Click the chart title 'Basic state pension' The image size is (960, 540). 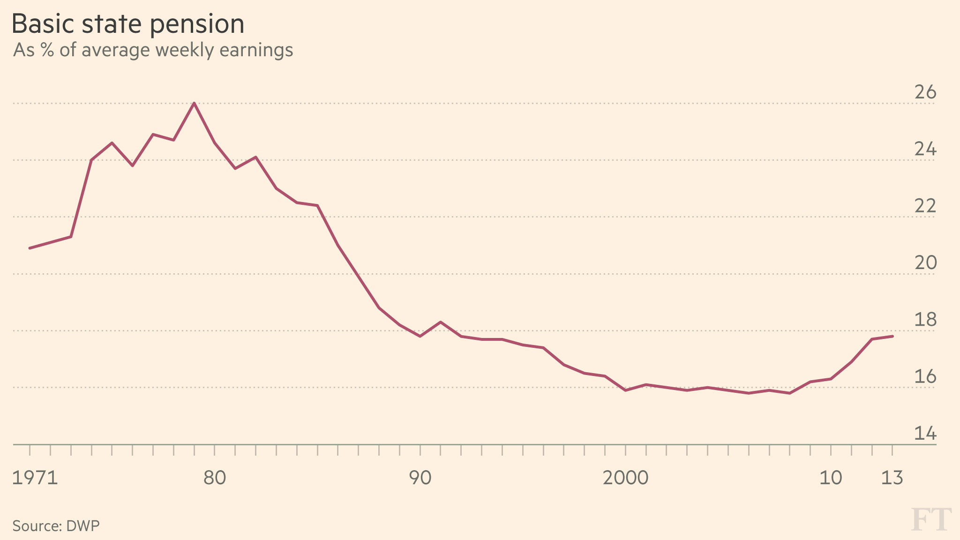click(x=128, y=24)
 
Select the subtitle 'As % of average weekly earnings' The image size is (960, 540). click(x=153, y=50)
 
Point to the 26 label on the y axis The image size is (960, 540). click(x=925, y=92)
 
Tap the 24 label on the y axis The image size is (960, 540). click(x=925, y=149)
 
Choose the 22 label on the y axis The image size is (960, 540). click(x=925, y=206)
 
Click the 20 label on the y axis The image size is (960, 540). click(x=925, y=263)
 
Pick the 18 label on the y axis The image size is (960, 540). click(x=925, y=320)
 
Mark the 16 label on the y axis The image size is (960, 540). click(x=925, y=376)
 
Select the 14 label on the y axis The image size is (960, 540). click(x=925, y=434)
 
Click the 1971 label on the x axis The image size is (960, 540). click(x=35, y=478)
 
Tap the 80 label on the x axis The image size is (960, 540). click(x=215, y=478)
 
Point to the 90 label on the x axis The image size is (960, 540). click(x=420, y=478)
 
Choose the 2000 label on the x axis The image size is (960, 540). click(x=625, y=478)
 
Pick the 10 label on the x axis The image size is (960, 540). click(x=831, y=478)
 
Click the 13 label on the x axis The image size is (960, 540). click(x=892, y=478)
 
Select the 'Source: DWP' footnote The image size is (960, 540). click(x=56, y=526)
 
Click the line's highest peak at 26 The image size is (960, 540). click(x=194, y=103)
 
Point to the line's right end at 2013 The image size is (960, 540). click(x=892, y=336)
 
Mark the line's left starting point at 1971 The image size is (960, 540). click(x=30, y=248)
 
